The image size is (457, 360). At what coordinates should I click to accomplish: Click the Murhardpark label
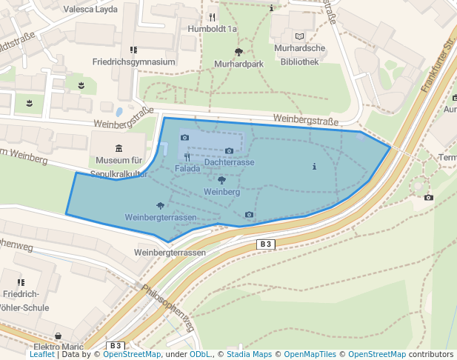(238, 64)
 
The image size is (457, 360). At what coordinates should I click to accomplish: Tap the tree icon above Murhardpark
(238, 52)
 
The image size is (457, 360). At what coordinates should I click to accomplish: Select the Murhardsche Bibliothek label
(299, 56)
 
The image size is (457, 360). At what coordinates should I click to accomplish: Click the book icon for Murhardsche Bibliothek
(299, 36)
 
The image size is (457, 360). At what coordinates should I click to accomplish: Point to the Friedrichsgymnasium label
(133, 62)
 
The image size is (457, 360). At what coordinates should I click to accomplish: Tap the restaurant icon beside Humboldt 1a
(212, 16)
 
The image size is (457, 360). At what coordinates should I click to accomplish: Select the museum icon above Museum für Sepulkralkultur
(119, 149)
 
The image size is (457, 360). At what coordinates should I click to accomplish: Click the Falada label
(187, 169)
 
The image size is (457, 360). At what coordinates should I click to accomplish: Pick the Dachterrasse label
(230, 162)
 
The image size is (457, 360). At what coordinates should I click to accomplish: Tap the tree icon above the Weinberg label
(221, 180)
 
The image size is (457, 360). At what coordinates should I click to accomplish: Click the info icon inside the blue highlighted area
(314, 166)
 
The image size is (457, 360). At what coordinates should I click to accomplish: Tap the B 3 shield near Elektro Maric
(115, 345)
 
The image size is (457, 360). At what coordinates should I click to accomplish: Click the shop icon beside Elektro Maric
(59, 336)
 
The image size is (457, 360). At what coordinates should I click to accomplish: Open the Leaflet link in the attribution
(41, 354)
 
